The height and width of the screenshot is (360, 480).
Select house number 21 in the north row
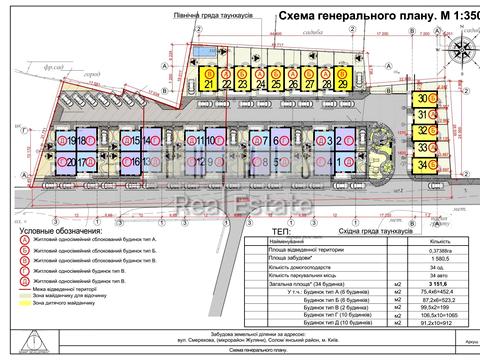(x=209, y=84)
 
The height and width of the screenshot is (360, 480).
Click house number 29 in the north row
(x=343, y=84)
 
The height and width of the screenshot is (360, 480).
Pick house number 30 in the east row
(x=424, y=98)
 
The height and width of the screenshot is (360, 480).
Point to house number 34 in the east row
(x=424, y=163)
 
